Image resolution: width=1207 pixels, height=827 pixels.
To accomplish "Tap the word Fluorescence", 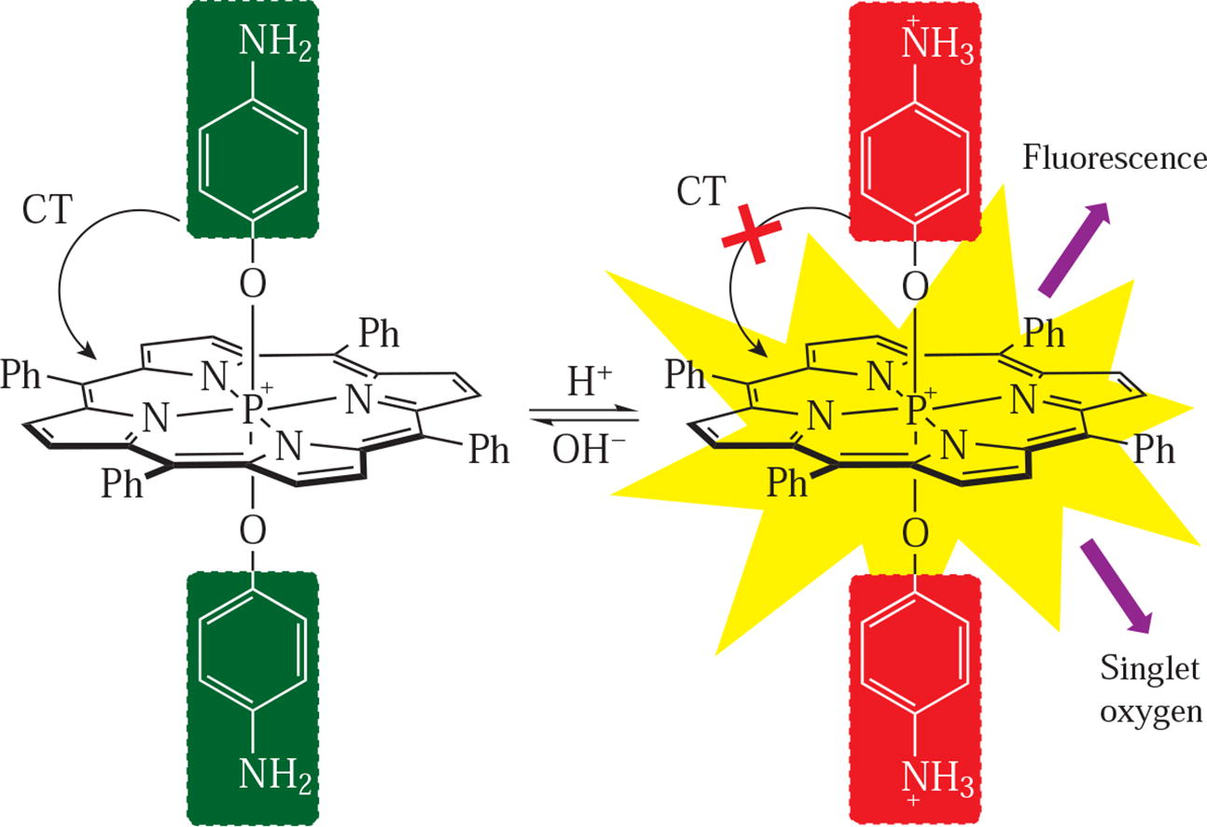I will coord(1114,159).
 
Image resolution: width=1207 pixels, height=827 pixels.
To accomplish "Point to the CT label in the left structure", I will coord(48,210).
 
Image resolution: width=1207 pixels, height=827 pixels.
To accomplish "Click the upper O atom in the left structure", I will coord(252,283).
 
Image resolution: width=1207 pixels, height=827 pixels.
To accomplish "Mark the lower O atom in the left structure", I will coord(252,530).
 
